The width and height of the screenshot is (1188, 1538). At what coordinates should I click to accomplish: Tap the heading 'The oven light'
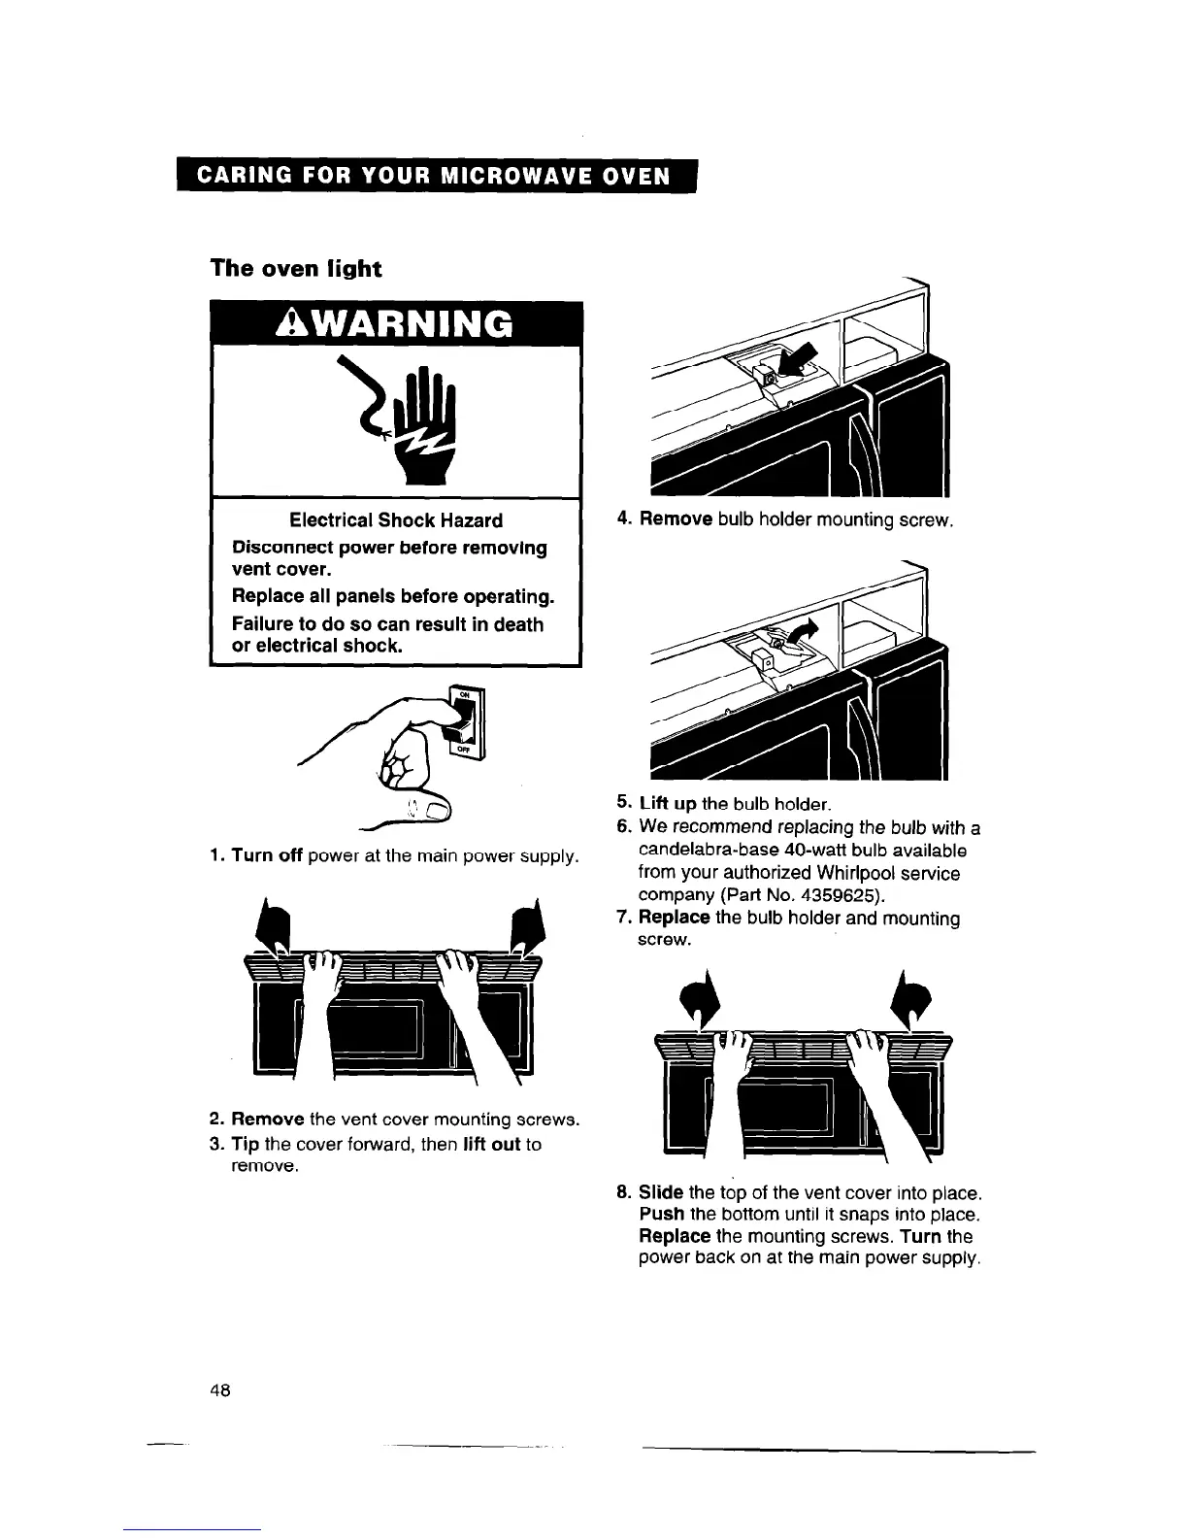pyautogui.click(x=296, y=269)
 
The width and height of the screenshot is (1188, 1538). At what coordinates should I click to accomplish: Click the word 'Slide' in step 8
pyautogui.click(x=661, y=1191)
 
